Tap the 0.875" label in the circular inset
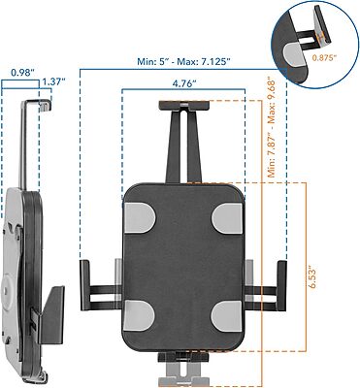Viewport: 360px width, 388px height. click(333, 57)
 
